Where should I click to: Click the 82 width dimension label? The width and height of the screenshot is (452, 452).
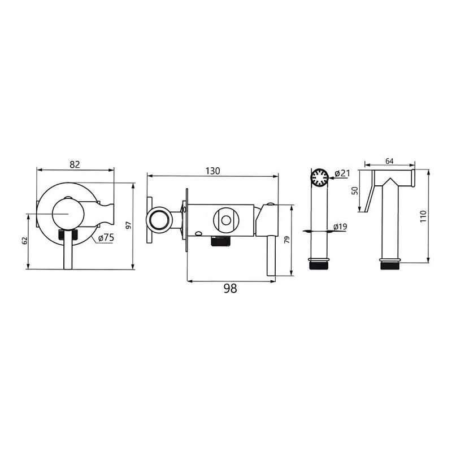[x=75, y=164]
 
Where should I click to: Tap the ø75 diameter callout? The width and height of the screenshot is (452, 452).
[x=106, y=238]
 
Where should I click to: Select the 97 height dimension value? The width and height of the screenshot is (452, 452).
[x=129, y=225]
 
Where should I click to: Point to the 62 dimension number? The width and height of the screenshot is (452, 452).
[x=24, y=241]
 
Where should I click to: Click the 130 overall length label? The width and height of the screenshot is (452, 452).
[x=213, y=171]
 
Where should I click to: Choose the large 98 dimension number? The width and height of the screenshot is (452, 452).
[x=231, y=288]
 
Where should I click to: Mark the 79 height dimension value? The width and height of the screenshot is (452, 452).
[x=287, y=240]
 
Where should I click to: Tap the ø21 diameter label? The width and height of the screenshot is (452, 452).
[x=342, y=173]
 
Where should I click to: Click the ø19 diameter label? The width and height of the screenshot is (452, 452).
[x=341, y=227]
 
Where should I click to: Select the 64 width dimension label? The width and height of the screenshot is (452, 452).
[x=389, y=161]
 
